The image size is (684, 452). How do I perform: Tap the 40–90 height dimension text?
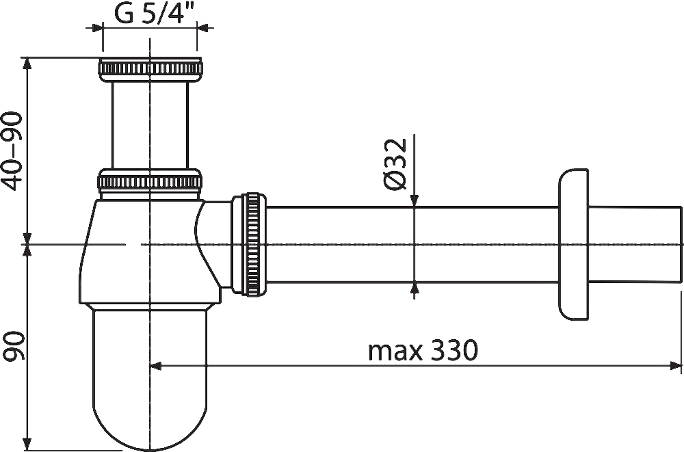12,151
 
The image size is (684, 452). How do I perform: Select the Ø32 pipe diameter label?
395,163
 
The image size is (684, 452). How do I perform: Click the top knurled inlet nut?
150,69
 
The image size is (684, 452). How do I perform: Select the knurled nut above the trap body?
150,181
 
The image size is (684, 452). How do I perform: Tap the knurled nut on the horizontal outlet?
249,244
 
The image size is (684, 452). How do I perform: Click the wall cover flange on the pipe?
573,244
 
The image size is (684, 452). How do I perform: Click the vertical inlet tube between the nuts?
150,125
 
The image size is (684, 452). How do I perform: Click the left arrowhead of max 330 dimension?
156,366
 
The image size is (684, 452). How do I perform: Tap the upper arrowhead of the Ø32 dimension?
415,200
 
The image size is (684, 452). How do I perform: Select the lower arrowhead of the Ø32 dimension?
415,289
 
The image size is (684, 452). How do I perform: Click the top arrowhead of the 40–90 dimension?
27,64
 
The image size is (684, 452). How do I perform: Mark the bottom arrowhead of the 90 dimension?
27,444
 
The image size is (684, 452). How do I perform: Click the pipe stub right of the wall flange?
635,244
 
